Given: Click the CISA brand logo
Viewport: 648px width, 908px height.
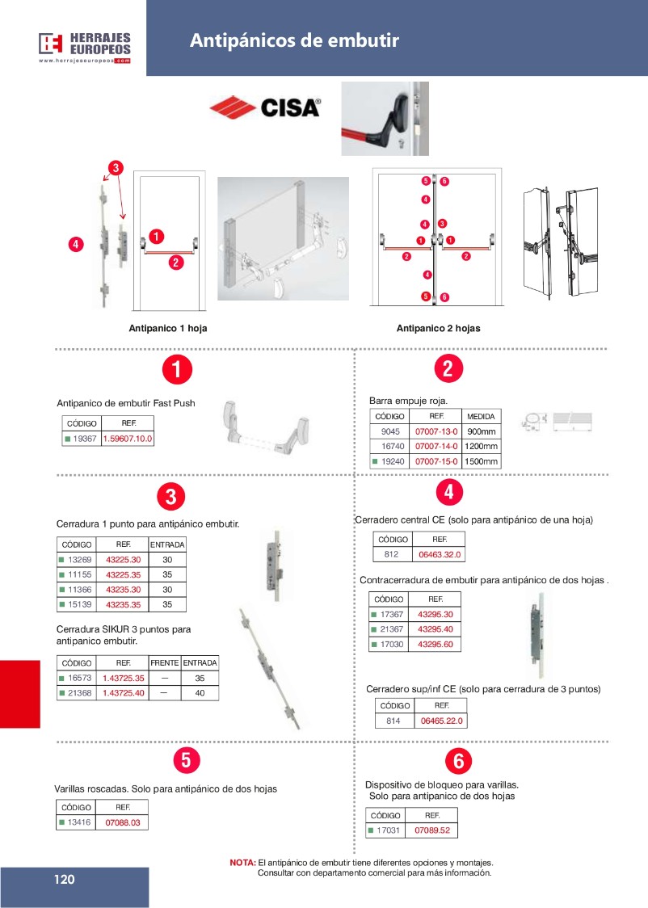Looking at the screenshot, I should [x=265, y=107].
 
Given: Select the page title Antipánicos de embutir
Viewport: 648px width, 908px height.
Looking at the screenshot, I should [x=294, y=41].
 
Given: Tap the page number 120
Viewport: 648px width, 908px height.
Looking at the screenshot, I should [x=65, y=880].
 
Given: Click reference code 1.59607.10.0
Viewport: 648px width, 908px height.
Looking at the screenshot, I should [x=128, y=439].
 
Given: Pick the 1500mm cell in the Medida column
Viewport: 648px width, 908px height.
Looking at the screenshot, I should [x=482, y=462].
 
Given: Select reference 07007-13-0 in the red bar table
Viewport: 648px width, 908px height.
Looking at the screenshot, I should [x=436, y=431].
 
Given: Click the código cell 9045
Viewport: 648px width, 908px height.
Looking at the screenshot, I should [x=391, y=431].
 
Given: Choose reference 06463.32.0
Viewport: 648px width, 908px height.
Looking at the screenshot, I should [x=440, y=555].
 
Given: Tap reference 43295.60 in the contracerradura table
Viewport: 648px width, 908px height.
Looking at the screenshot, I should [x=435, y=645].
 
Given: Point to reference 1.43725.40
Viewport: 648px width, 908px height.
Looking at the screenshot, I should [x=123, y=693].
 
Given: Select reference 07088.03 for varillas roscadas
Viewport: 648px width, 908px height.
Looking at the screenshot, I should [x=123, y=822].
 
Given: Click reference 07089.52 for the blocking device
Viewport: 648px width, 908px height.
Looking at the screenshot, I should [x=431, y=830].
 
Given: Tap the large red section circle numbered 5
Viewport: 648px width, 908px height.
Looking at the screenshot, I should [x=186, y=759].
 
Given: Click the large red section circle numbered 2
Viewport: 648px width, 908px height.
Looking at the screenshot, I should [x=448, y=369].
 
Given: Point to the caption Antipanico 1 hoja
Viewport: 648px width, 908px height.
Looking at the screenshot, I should [x=162, y=329].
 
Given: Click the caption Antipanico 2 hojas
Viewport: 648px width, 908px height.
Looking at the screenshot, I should [x=438, y=329].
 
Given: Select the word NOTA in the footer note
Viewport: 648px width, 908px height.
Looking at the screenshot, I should [x=242, y=863].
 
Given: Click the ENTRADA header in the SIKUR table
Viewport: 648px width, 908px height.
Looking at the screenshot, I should [x=200, y=662].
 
